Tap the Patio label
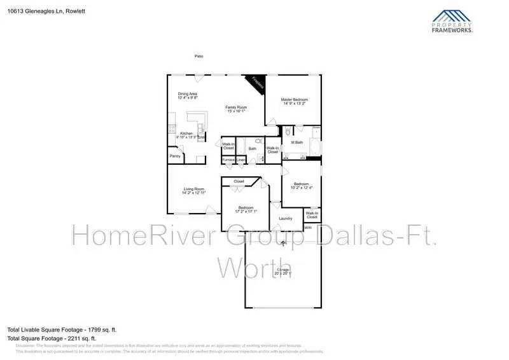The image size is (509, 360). (199, 57)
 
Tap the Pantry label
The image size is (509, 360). (174, 156)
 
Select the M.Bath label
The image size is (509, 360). (297, 142)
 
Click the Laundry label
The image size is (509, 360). (286, 219)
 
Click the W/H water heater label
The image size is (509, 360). (308, 227)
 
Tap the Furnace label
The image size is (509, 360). (228, 159)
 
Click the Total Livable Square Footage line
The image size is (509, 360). (62, 329)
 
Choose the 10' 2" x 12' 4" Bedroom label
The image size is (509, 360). (302, 186)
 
